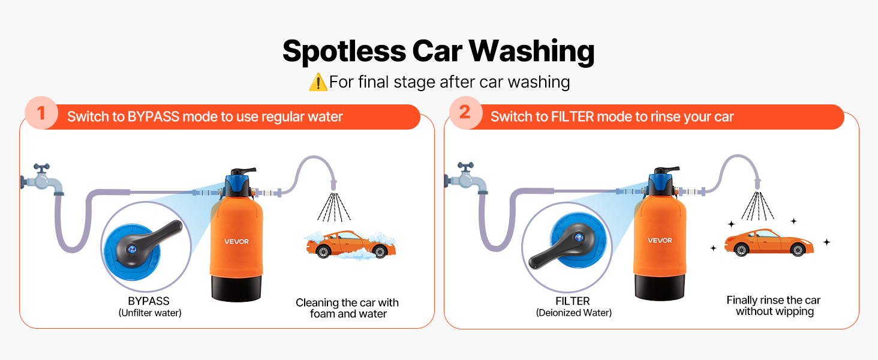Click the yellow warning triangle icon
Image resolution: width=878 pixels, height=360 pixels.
pos(318,82)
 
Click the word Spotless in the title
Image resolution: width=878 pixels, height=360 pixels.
pos(344,52)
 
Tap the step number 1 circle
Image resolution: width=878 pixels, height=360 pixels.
pos(41,113)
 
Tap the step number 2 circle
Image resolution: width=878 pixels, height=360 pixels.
pos(465,113)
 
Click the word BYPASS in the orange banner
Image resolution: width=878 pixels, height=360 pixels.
pos(154,117)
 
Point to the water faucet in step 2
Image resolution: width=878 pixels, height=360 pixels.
pos(466,178)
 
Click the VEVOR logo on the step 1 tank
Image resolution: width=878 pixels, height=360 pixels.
pos(236,242)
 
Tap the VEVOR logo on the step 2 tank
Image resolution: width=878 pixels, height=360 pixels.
pos(660,241)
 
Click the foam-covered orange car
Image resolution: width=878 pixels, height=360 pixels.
pos(350,245)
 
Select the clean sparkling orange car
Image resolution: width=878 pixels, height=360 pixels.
pos(769,242)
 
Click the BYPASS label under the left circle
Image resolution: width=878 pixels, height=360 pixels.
pos(149,301)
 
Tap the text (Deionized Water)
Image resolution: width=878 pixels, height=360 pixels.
pos(574,313)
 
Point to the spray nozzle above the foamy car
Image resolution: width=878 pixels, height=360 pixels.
pos(333,185)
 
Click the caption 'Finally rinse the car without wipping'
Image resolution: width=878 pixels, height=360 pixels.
pos(774,306)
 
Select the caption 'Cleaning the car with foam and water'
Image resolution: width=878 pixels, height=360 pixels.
pos(347,308)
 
